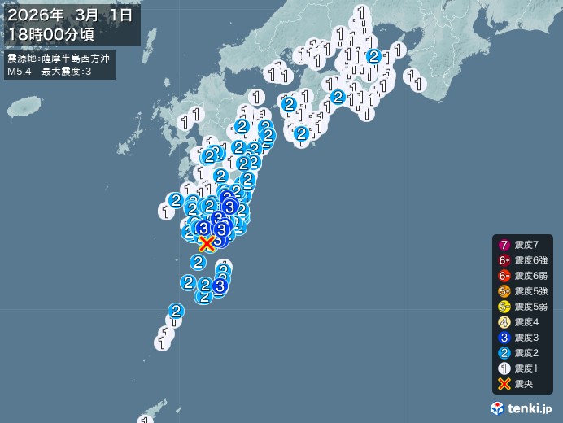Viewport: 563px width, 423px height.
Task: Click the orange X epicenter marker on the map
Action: (x=207, y=242)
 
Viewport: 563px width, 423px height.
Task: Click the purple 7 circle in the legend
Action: (x=504, y=245)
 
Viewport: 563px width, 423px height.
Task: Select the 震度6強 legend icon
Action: (x=504, y=260)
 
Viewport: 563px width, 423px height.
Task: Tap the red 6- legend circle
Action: (x=504, y=276)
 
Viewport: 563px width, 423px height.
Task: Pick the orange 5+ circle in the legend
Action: (x=504, y=291)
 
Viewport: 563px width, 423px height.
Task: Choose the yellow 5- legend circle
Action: (x=504, y=307)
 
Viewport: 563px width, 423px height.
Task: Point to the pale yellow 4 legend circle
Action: (x=504, y=322)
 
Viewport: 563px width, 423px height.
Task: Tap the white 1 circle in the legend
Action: (x=504, y=368)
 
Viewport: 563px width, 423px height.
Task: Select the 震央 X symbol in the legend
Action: (x=504, y=384)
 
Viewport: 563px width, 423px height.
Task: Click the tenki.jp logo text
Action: (x=531, y=408)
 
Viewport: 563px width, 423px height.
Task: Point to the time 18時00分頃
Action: (x=53, y=34)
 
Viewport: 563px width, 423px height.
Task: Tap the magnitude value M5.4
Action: (x=19, y=72)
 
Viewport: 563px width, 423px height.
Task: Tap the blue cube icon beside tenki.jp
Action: (x=498, y=408)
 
